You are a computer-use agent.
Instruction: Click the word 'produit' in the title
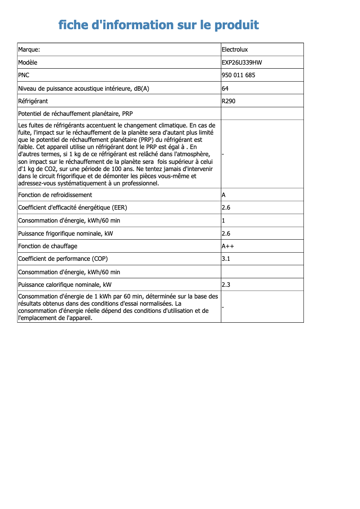(236, 25)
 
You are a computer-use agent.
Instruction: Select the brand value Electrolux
(235, 49)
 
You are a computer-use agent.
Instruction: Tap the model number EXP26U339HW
(241, 62)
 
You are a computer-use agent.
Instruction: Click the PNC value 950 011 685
(238, 75)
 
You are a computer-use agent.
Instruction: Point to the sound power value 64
(225, 88)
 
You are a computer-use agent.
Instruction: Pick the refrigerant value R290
(228, 101)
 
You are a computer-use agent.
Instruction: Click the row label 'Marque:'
(29, 49)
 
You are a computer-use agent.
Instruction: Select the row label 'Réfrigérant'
(33, 101)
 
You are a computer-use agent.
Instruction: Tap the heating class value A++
(228, 246)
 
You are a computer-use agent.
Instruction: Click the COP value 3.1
(226, 259)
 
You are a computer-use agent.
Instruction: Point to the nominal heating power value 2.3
(226, 285)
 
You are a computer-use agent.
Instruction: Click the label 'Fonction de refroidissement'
(55, 195)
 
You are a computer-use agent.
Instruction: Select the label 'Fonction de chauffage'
(48, 246)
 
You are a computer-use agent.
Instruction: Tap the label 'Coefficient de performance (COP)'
(63, 259)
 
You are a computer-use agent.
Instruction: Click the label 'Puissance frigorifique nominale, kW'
(65, 233)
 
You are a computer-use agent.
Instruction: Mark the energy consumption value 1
(224, 220)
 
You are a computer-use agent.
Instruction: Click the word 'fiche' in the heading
(73, 25)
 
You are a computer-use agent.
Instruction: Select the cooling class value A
(224, 195)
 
